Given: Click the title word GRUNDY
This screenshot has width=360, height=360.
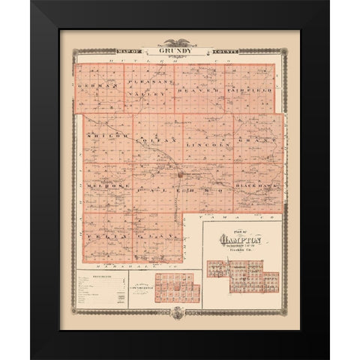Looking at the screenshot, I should [x=180, y=52].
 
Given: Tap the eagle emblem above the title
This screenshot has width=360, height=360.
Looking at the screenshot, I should [x=180, y=43].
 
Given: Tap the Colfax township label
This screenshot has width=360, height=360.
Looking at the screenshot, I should [x=154, y=139].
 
